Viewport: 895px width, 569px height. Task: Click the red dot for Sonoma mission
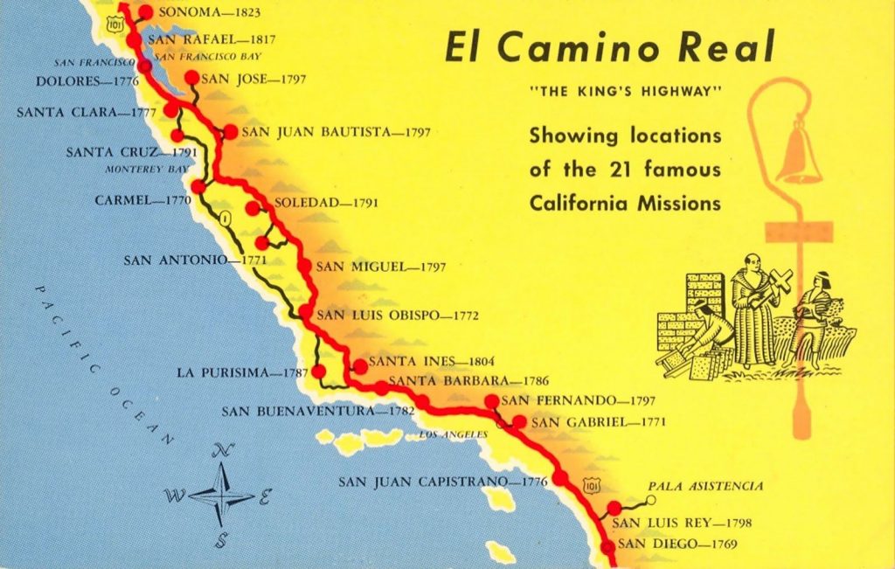(145, 12)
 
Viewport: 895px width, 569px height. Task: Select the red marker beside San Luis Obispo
(306, 312)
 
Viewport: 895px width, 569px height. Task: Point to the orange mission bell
(799, 155)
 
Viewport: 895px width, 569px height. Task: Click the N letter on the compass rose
(225, 451)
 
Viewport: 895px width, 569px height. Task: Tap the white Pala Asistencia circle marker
(650, 501)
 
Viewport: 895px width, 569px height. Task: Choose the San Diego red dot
(608, 547)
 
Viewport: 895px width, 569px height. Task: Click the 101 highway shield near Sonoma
(114, 26)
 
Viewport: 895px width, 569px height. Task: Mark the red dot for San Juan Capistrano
(559, 477)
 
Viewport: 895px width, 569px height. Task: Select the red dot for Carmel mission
(198, 186)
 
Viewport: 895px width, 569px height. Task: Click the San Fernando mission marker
(491, 401)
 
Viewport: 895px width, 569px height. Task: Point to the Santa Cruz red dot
(177, 135)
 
